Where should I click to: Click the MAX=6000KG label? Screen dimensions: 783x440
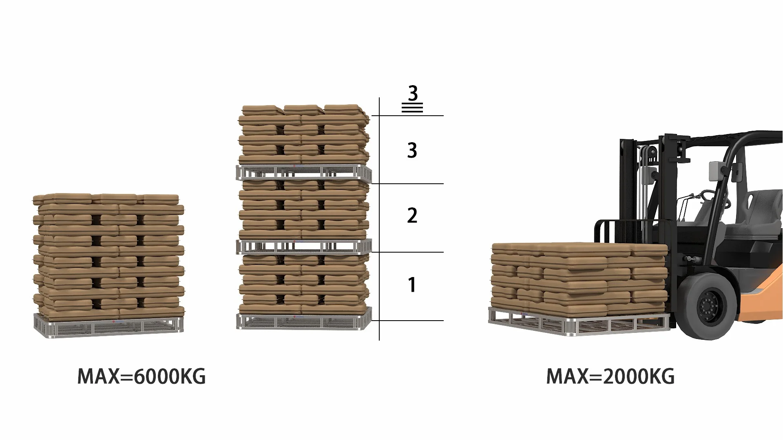pyautogui.click(x=142, y=376)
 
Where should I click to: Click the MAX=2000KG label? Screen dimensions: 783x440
pyautogui.click(x=610, y=376)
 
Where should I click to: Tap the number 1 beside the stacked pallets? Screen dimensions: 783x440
pyautogui.click(x=412, y=285)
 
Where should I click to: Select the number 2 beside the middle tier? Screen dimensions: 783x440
pyautogui.click(x=412, y=216)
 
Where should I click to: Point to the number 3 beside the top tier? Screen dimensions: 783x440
pyautogui.click(x=412, y=150)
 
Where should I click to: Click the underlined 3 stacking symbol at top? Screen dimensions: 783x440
pyautogui.click(x=413, y=98)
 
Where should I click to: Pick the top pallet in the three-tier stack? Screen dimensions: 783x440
pyautogui.click(x=303, y=173)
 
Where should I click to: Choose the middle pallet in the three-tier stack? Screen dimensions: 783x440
pyautogui.click(x=303, y=246)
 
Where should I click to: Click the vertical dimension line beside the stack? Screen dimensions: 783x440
pyautogui.click(x=379, y=220)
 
